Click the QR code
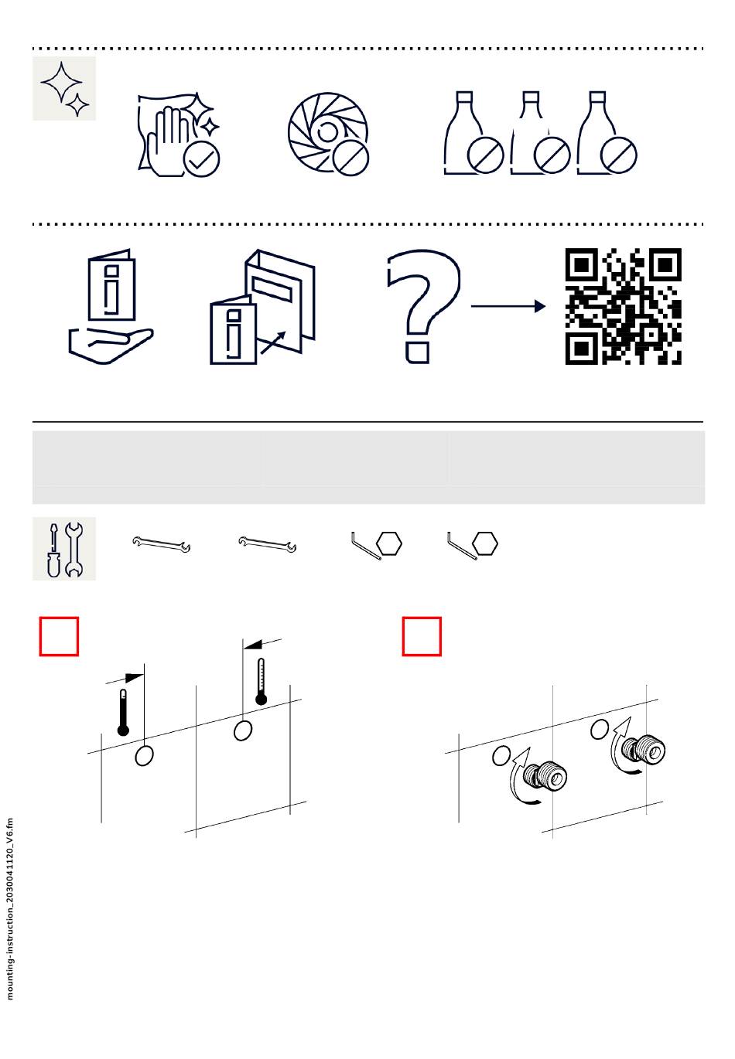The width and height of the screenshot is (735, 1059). click(x=623, y=306)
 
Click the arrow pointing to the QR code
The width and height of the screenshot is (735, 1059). click(x=508, y=306)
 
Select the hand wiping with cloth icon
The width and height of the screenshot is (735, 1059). click(x=179, y=135)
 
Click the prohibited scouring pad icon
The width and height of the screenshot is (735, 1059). click(x=328, y=135)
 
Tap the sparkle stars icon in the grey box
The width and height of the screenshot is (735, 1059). click(x=64, y=88)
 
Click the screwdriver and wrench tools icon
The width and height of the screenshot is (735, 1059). click(x=64, y=548)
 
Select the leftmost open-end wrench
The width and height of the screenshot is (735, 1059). click(x=162, y=544)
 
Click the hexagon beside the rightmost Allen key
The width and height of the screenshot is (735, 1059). click(x=485, y=543)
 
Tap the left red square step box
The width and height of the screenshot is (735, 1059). click(x=59, y=636)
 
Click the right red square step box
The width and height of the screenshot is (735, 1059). click(x=422, y=636)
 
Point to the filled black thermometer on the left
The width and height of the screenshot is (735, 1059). click(x=123, y=713)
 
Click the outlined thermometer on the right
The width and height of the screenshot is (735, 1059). click(x=261, y=682)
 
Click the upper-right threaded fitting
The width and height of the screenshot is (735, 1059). click(x=644, y=750)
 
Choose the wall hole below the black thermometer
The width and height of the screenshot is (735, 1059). click(x=144, y=756)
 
